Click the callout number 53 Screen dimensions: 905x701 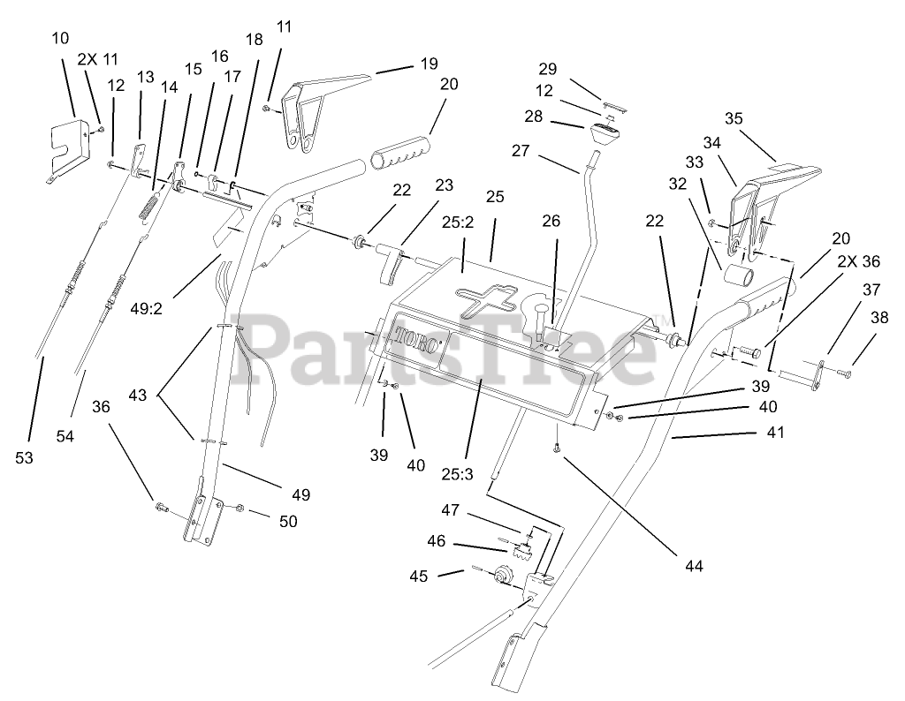[x=26, y=457]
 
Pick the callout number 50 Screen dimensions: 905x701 [x=287, y=521]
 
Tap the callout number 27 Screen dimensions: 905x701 [x=521, y=151]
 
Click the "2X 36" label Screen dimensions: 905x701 [x=859, y=261]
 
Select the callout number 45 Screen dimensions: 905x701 [x=418, y=576]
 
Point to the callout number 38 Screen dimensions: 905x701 [x=879, y=318]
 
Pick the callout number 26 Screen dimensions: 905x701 [x=551, y=221]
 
